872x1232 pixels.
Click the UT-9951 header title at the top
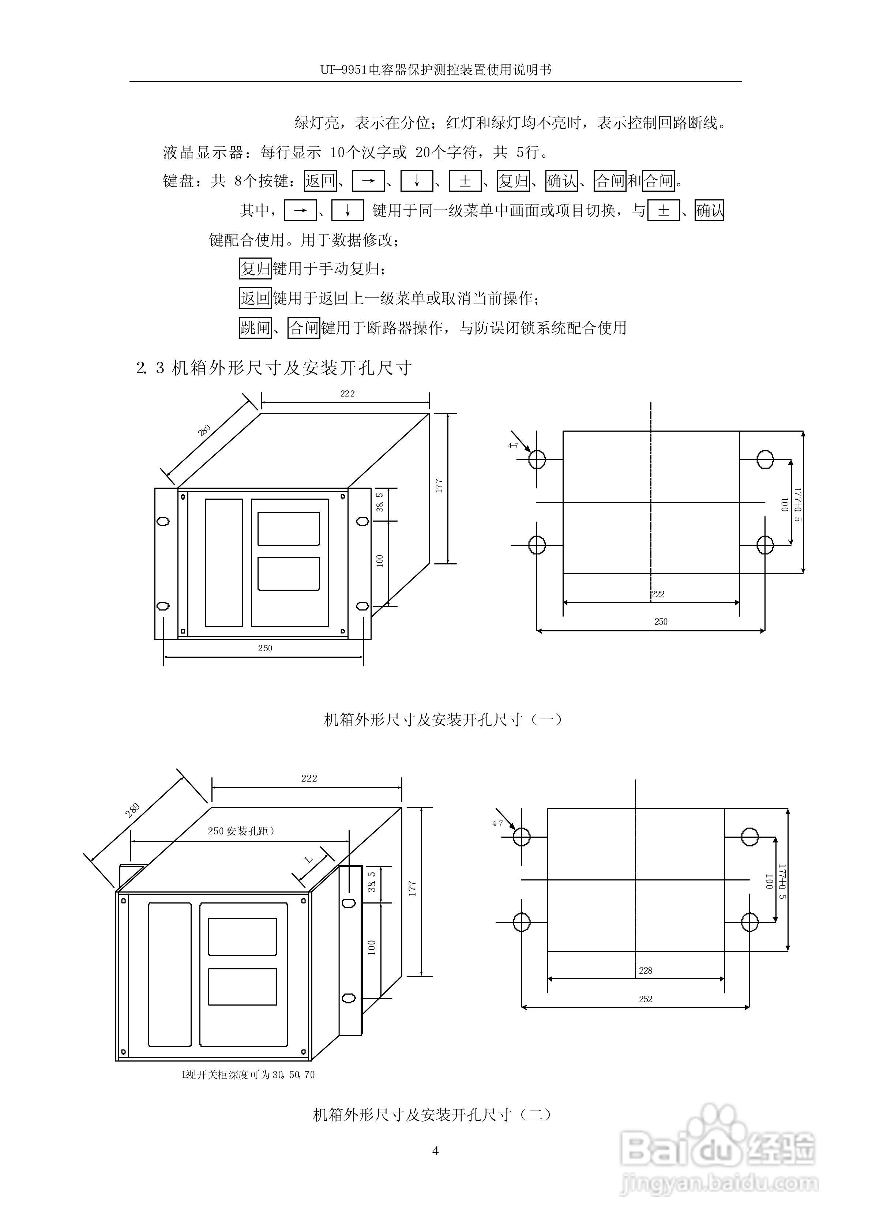[436, 70]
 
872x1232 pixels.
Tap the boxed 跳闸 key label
[255, 327]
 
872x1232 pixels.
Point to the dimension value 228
[646, 970]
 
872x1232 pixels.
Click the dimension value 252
[646, 999]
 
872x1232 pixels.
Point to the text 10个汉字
[368, 153]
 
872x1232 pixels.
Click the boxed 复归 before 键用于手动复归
[255, 268]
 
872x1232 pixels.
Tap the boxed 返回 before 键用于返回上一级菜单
[255, 298]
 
